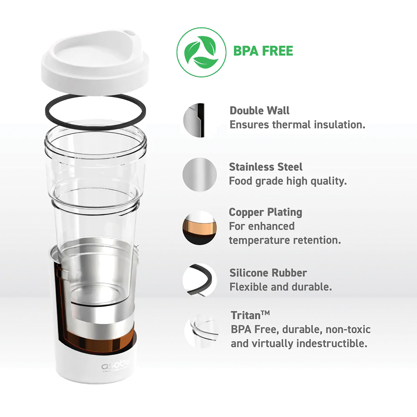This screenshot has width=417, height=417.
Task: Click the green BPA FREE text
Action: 263,51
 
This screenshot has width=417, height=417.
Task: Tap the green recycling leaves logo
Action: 201,52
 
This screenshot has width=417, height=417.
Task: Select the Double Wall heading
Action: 259,110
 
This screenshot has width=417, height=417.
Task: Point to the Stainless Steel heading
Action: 265,167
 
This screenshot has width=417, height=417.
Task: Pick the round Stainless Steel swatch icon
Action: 200,175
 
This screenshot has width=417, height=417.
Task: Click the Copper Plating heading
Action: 265,212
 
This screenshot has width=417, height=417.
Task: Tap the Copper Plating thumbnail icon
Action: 200,228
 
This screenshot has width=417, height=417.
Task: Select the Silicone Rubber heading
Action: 268,273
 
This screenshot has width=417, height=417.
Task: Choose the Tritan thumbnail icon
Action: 201,331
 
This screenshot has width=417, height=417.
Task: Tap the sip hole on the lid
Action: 130,33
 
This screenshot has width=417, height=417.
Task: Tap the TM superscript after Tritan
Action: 265,313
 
